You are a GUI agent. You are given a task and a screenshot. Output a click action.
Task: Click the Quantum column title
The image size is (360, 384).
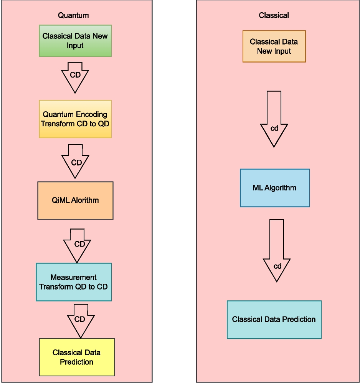(x=73, y=15)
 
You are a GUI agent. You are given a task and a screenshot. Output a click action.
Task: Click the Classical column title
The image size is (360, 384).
(x=274, y=15)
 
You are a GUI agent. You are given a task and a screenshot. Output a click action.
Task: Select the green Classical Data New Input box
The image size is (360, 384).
(x=75, y=41)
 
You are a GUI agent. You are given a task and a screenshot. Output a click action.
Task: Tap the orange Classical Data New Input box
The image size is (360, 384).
(x=274, y=46)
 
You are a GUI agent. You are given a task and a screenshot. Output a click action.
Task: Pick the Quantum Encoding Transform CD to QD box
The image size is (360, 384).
(x=75, y=119)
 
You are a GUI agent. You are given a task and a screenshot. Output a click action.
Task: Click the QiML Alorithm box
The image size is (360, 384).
(x=75, y=200)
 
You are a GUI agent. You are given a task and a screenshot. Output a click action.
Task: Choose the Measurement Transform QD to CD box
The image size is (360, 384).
(x=74, y=282)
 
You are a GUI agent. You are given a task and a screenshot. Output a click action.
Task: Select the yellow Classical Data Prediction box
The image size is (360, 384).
(x=77, y=357)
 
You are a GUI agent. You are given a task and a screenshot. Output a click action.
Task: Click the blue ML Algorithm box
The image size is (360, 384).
(x=275, y=188)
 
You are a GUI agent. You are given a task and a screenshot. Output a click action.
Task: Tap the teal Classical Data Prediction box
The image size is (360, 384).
(x=274, y=319)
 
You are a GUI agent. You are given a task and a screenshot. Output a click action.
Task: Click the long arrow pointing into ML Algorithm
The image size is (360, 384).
(x=274, y=119)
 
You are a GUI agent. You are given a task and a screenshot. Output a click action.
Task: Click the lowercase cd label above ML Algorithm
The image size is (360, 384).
(x=274, y=129)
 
